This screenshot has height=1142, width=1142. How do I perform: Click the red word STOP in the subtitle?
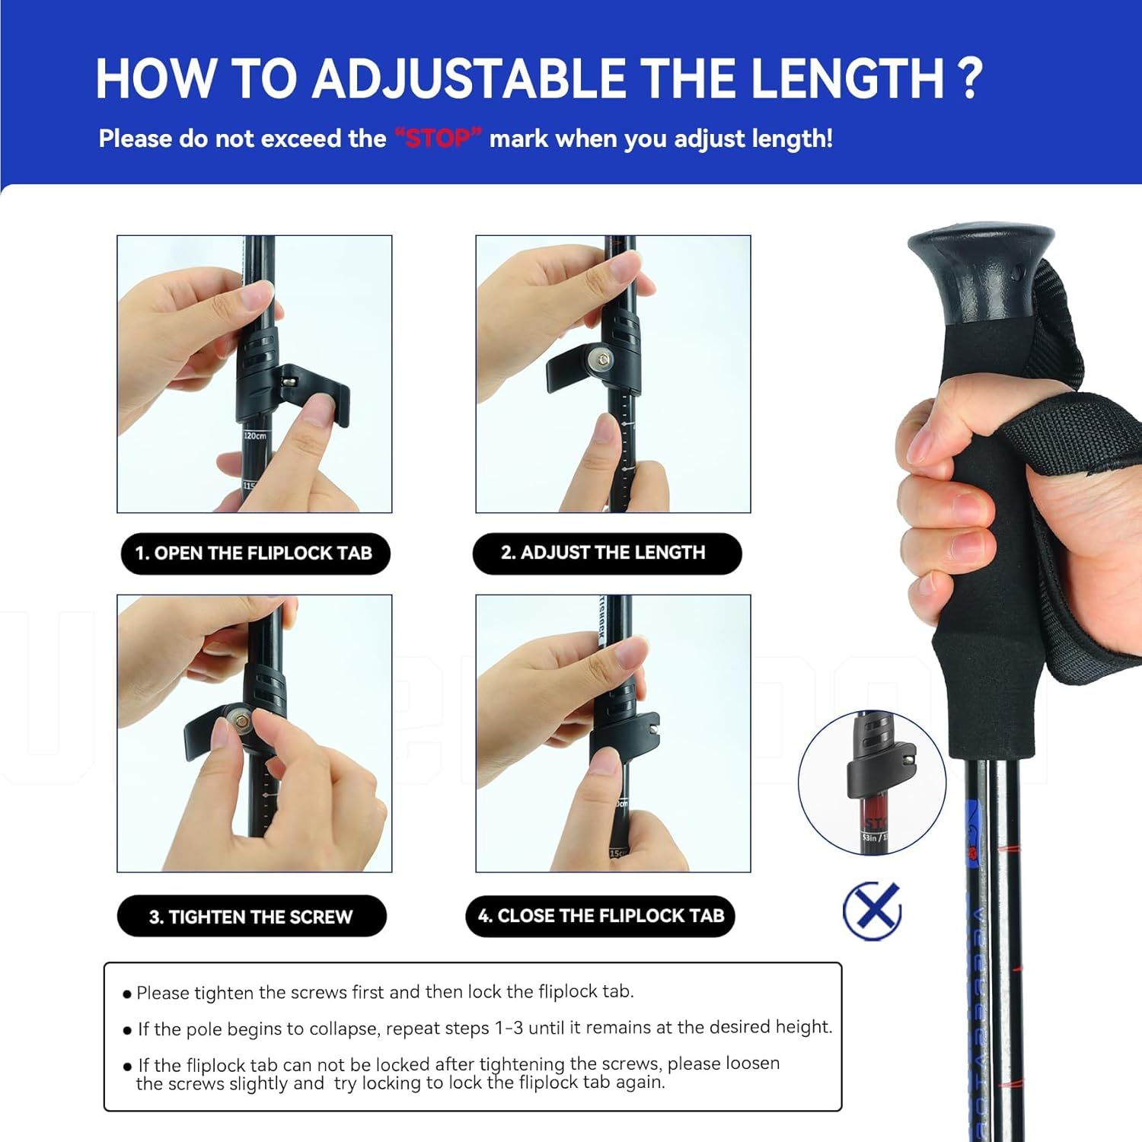(438, 139)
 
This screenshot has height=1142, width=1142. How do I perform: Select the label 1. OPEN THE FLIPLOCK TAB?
(254, 553)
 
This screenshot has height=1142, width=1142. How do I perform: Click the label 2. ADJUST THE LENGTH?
(606, 553)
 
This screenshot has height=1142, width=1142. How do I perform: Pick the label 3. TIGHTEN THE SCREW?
(251, 917)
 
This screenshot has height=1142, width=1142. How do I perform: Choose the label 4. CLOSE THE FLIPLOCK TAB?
(601, 916)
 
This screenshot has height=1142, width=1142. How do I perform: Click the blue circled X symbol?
(872, 911)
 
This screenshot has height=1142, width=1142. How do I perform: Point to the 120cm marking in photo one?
(255, 436)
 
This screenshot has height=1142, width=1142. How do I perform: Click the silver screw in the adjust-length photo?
(604, 359)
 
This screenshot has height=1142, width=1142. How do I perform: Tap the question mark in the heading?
(968, 79)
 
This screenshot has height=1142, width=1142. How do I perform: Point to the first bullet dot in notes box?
(127, 994)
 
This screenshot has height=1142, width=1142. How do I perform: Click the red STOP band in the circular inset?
(875, 821)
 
